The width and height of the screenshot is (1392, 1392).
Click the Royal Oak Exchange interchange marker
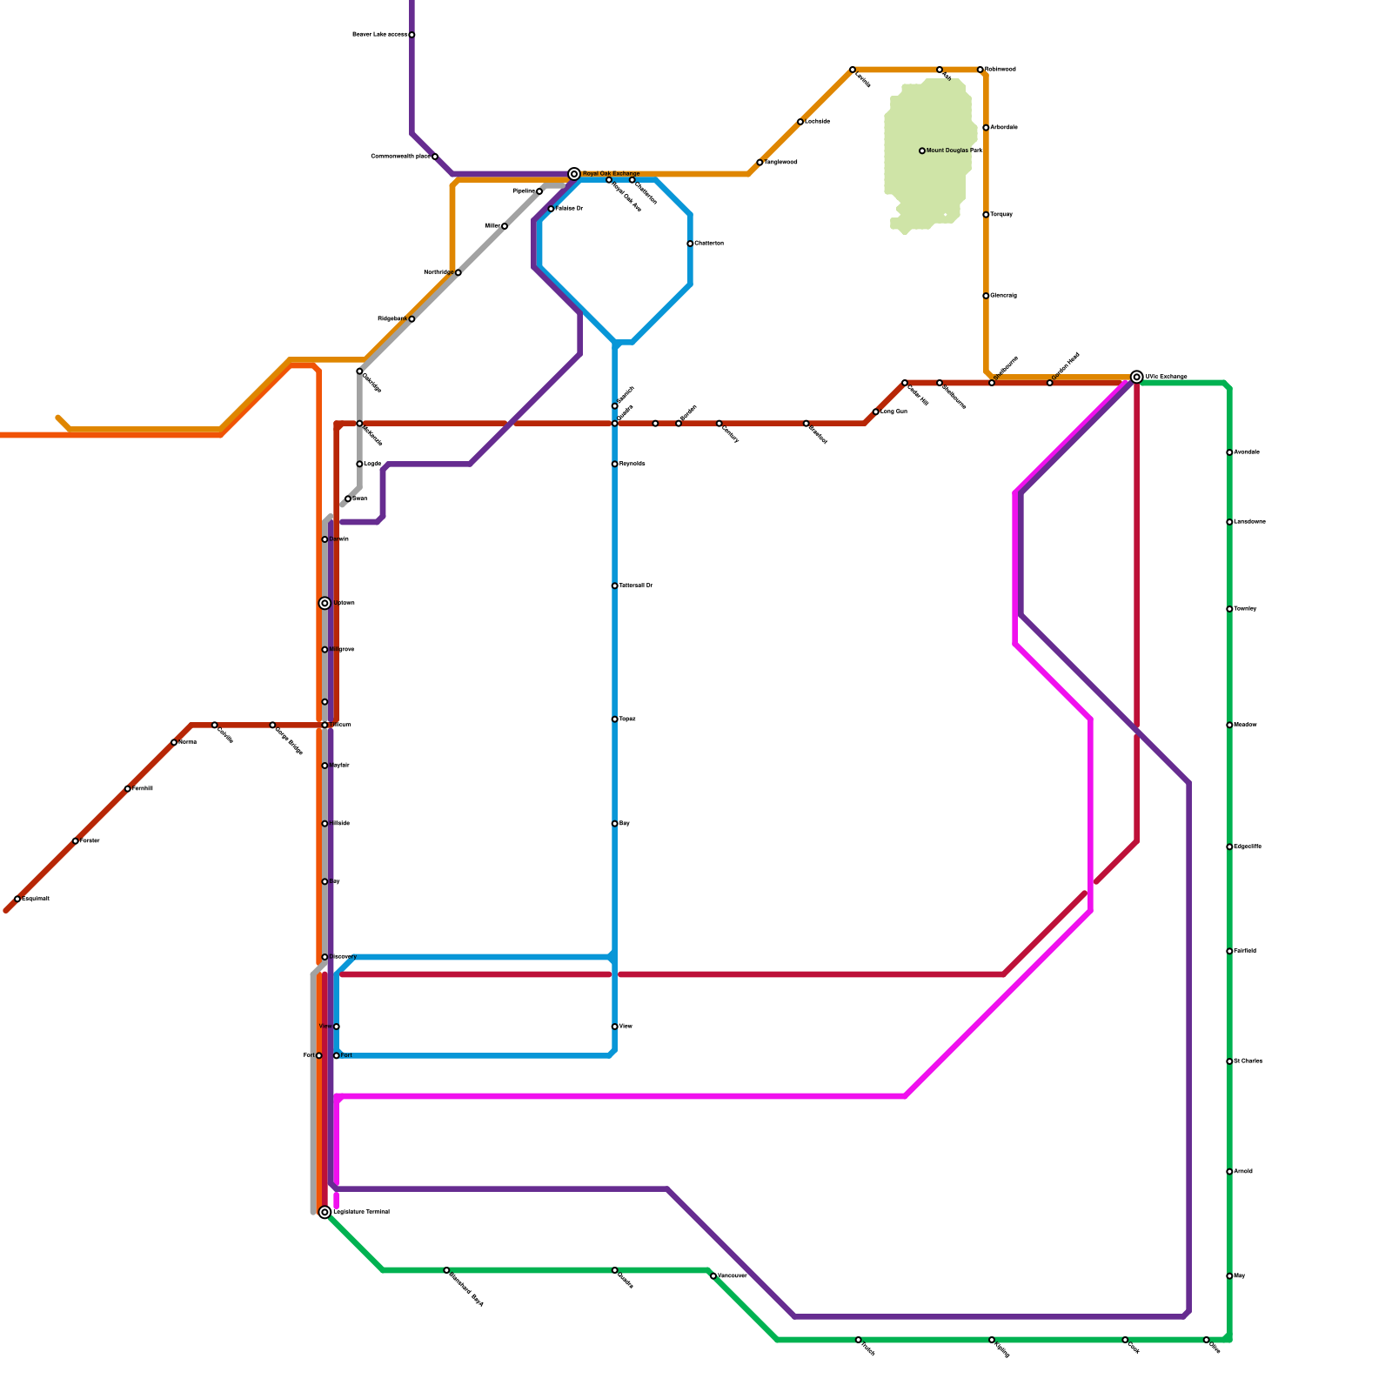(574, 174)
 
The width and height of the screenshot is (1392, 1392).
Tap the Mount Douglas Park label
(954, 151)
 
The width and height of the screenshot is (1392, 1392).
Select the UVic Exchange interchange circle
(1136, 377)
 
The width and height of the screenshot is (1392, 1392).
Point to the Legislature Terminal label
(361, 1212)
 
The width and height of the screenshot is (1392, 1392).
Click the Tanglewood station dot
(760, 163)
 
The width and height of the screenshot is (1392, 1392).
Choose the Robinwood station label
(1000, 70)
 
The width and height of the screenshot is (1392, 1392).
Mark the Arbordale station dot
(986, 128)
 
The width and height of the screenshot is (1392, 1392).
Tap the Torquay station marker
(986, 215)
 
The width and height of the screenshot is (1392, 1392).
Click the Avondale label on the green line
(1247, 452)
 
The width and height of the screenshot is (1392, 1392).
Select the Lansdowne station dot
(1229, 522)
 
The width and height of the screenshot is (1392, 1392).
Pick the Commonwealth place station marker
(435, 157)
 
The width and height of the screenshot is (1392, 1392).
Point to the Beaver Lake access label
(379, 35)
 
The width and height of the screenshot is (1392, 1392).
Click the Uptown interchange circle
(325, 603)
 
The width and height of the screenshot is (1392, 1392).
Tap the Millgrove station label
(342, 650)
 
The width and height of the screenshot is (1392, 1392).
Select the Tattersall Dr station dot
(614, 586)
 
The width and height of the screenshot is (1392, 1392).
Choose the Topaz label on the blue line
(627, 719)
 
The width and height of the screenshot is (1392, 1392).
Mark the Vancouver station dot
(713, 1276)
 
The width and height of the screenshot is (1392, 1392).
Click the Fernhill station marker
(128, 789)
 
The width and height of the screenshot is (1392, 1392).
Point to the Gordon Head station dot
(1049, 383)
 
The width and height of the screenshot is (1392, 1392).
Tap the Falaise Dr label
(569, 209)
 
